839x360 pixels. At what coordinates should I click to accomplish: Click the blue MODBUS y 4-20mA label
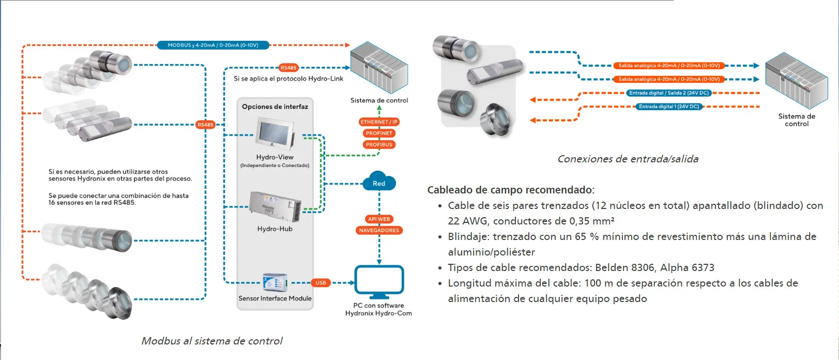(x=213, y=46)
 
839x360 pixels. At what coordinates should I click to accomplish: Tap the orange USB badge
(x=321, y=283)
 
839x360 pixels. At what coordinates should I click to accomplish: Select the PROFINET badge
(x=379, y=133)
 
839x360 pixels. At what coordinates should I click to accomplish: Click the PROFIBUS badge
(x=379, y=145)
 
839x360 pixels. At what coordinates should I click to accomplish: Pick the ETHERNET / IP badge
(x=379, y=122)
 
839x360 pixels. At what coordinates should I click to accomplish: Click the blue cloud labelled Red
(x=379, y=182)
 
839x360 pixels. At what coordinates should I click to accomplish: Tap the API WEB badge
(x=379, y=219)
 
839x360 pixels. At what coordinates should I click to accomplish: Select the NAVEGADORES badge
(x=379, y=230)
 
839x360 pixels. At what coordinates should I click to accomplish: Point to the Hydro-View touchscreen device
(x=275, y=134)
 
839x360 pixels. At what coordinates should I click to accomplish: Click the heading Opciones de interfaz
(x=275, y=107)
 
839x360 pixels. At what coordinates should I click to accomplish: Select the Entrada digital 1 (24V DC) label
(x=668, y=107)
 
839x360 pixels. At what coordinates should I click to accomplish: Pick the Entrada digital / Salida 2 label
(x=668, y=93)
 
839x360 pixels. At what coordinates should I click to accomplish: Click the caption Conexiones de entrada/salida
(x=628, y=159)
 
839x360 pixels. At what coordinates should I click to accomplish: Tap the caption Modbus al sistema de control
(x=212, y=341)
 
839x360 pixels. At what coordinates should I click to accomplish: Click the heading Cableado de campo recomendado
(x=511, y=190)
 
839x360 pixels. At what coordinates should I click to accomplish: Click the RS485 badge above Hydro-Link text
(x=288, y=68)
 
